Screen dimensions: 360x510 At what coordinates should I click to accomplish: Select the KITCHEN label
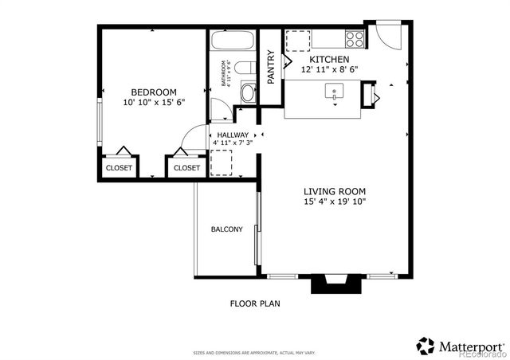(x=328, y=60)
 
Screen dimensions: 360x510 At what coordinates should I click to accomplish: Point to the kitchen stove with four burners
(x=355, y=38)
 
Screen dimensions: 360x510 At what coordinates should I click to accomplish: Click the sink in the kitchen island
(x=333, y=92)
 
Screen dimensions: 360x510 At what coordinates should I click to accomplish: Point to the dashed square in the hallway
(x=221, y=163)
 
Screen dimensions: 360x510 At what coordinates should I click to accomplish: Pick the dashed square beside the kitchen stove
(x=298, y=40)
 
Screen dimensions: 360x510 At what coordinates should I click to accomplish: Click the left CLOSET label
(x=119, y=168)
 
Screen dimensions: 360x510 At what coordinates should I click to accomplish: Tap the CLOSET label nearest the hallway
(x=186, y=168)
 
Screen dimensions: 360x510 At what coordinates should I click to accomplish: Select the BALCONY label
(x=226, y=229)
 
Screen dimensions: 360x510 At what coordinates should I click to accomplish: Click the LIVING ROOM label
(x=334, y=190)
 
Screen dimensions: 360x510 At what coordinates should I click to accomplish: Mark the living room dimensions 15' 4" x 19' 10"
(x=334, y=202)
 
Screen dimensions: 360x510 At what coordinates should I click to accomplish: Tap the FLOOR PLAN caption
(x=255, y=303)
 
